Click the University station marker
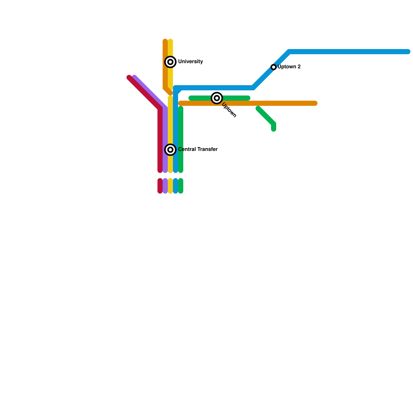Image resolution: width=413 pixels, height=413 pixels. tap(170, 62)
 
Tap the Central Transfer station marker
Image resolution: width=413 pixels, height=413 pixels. tap(170, 150)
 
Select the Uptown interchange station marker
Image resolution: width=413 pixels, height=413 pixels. tap(217, 98)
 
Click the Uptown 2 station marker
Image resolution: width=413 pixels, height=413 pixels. tap(274, 67)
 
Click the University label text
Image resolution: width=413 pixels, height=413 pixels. tap(190, 62)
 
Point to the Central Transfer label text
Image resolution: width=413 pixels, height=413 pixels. tap(198, 149)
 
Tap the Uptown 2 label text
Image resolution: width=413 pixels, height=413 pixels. tap(289, 67)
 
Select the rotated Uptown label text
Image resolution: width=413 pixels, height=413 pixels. tap(229, 110)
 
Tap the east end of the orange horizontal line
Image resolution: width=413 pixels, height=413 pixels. tap(315, 103)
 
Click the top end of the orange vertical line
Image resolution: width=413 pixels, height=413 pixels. tap(165, 41)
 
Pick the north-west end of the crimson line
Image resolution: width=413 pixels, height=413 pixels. tap(129, 77)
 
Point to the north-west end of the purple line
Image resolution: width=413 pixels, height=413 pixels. tap(134, 77)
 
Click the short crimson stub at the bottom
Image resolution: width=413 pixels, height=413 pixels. tap(160, 186)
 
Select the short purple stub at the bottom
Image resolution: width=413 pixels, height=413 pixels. tap(165, 186)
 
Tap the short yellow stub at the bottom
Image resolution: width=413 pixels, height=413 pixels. tap(170, 186)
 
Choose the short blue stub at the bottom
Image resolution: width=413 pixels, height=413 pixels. tap(176, 186)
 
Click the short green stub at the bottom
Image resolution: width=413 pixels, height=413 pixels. tap(181, 186)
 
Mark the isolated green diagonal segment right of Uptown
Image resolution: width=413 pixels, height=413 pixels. tap(266, 116)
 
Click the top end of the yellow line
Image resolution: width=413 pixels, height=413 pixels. tap(170, 41)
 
